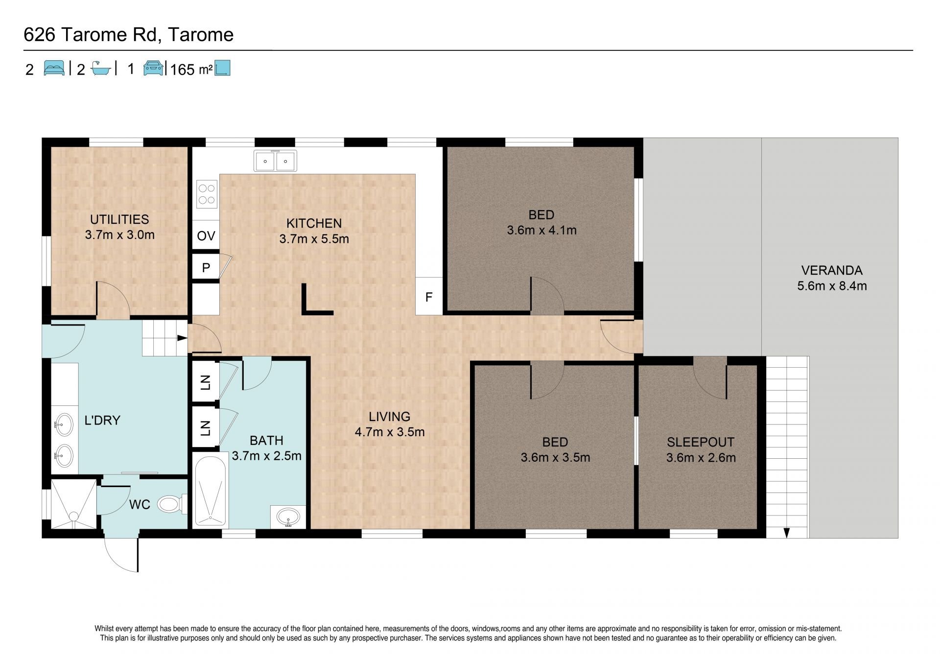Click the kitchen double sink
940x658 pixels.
pos(275,161)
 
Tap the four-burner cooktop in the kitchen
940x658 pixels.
pos(207,194)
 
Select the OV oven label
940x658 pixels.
pos(206,236)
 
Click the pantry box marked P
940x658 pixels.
pos(206,267)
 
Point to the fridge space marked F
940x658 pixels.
pos(429,296)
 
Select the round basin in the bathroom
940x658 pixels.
pos(288,517)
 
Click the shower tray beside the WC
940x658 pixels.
pos(74,504)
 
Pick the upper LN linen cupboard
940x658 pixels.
pos(206,382)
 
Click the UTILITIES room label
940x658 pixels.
pos(119,219)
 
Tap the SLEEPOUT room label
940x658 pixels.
pos(701,442)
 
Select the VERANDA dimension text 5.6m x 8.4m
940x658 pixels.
pos(832,286)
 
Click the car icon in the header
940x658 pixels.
pos(153,68)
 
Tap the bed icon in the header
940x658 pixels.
pos(54,68)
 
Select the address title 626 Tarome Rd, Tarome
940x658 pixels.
pos(129,35)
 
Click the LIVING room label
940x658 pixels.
pos(390,417)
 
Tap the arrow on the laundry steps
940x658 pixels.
pos(182,338)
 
